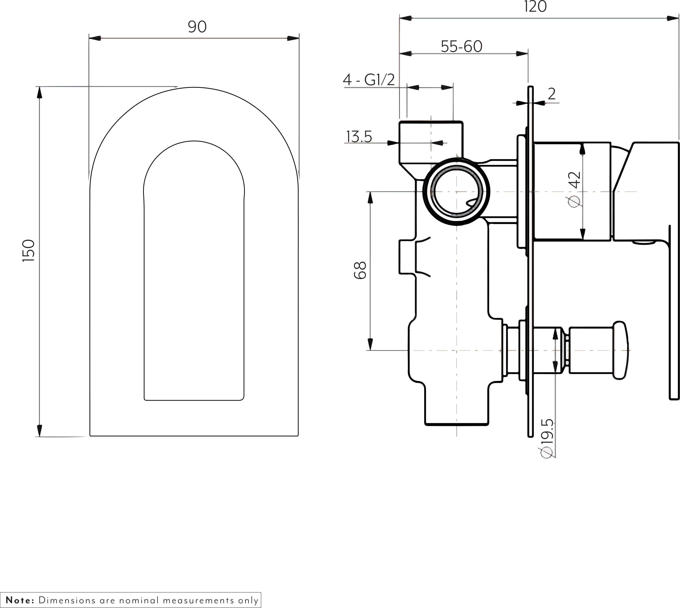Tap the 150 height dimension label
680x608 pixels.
point(29,251)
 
